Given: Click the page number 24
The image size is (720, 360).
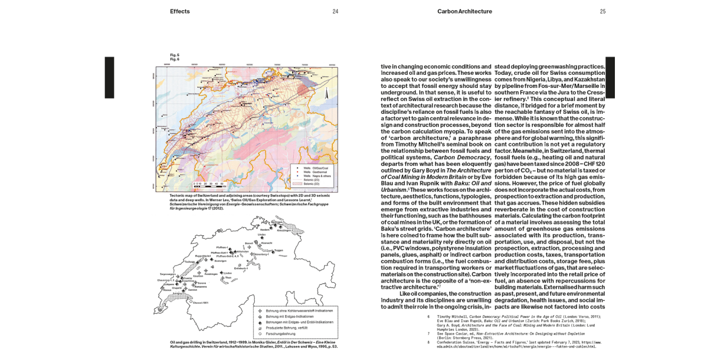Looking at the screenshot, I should (x=335, y=12).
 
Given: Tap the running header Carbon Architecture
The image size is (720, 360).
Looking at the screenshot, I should (x=464, y=12).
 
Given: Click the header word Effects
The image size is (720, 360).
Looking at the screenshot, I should (x=180, y=12).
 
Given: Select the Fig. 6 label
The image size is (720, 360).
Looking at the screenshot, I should (x=174, y=59).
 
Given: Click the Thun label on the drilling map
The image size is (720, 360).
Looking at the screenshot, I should (x=228, y=277).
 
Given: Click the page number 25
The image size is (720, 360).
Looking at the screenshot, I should (x=603, y=12).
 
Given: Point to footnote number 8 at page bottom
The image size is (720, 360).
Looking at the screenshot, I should (x=428, y=342).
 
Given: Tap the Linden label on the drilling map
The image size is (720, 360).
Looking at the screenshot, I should (x=227, y=273).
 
